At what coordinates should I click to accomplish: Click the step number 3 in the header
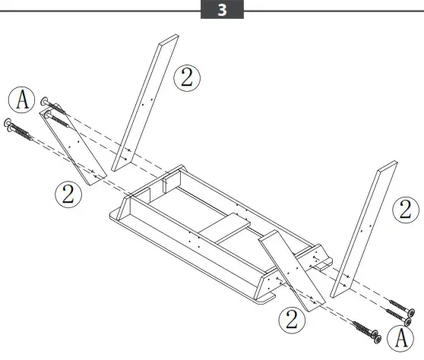click(x=221, y=11)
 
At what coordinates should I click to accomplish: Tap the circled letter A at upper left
click(x=23, y=99)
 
